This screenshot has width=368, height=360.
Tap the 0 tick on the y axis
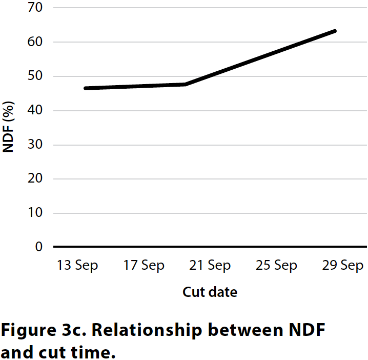coord(37,247)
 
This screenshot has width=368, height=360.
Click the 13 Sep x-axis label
coord(77,266)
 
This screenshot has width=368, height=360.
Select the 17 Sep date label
coord(144,266)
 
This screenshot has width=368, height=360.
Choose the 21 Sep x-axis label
coord(210,266)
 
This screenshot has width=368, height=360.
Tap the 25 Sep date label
coord(276,266)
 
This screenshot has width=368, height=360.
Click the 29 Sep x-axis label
coord(342,266)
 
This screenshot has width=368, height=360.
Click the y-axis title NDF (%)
coord(9,127)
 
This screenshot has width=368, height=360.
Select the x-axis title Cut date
coord(210,292)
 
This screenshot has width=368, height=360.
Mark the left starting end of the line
coord(85,88)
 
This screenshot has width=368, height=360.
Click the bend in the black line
coord(186,84)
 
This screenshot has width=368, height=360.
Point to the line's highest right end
coord(335,31)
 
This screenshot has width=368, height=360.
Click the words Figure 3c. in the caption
coord(45,331)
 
